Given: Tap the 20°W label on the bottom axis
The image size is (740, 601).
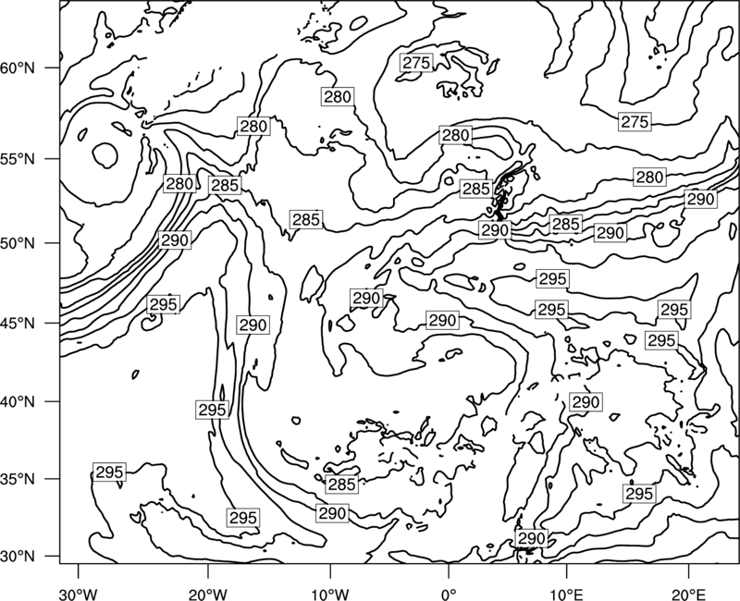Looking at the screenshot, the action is [207, 594].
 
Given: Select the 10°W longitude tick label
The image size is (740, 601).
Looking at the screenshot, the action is [329, 594].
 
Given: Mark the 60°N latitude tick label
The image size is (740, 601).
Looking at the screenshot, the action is [18, 67].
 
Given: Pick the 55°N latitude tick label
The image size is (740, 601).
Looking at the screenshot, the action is [18, 158].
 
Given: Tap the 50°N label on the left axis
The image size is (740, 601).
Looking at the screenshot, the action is [18, 243].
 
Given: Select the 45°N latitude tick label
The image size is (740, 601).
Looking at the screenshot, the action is [18, 323].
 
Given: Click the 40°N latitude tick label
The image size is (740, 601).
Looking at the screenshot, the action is [18, 401].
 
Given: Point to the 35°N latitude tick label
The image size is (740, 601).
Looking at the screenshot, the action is [18, 479].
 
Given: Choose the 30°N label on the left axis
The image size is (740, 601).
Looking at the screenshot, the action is [18, 556].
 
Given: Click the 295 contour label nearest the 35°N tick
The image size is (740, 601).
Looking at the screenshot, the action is [109, 472].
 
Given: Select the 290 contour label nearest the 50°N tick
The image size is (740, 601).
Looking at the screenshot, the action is [175, 240].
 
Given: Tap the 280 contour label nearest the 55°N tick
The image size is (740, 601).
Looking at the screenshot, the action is [179, 183].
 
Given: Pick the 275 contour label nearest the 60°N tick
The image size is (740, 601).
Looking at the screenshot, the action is [416, 62].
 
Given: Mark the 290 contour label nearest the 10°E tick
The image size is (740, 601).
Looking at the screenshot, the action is [532, 538].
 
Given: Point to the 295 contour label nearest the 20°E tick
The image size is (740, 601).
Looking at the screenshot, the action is [639, 494].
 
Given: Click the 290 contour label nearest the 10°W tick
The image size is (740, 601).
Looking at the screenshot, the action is [333, 513].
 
